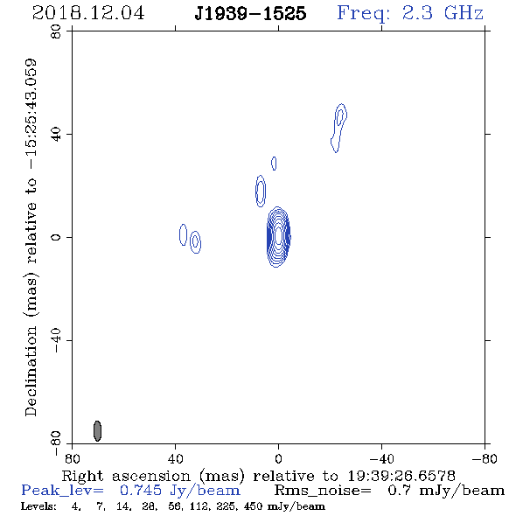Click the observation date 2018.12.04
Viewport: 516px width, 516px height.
pos(88,13)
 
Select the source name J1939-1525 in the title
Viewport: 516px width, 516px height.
pos(250,13)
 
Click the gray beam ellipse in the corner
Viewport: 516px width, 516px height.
pos(97,431)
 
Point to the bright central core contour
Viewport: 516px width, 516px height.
pos(278,236)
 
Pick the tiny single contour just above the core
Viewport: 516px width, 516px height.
pos(274,164)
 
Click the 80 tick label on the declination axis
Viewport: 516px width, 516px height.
pos(56,31)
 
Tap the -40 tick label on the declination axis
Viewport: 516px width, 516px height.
pos(56,340)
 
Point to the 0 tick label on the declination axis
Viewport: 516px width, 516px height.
pos(56,237)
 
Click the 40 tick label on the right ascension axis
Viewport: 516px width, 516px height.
pos(175,458)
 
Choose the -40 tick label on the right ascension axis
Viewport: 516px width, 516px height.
pos(381,458)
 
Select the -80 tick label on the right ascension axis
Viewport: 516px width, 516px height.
pos(485,458)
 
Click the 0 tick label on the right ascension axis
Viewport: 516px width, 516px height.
pos(278,458)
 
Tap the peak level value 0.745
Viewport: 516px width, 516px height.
pos(141,491)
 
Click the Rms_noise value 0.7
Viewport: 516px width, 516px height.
pos(399,491)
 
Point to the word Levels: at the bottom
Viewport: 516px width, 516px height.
pos(38,506)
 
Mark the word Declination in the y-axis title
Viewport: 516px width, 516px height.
pos(31,371)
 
